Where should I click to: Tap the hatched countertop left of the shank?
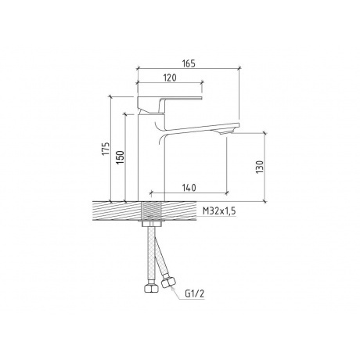tap(117, 210)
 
